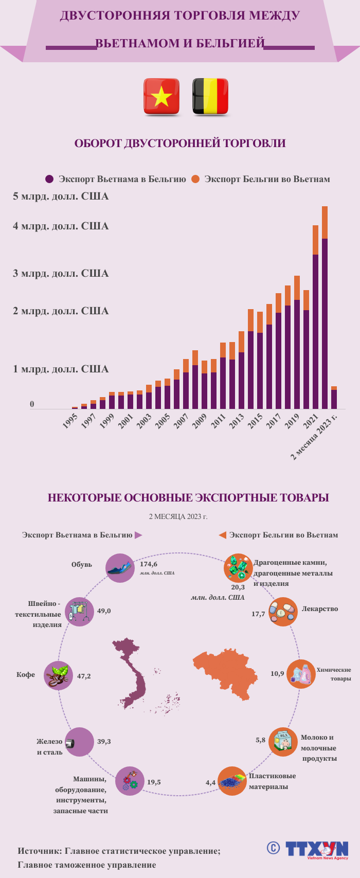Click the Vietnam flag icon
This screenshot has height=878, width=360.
161,96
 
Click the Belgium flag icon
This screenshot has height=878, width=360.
210,96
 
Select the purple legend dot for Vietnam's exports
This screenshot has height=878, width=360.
49,179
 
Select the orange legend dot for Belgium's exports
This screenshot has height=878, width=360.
195,179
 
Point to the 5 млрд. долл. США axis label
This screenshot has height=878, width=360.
61,196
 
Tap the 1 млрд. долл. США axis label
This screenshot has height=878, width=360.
61,369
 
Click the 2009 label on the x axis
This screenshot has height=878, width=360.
199,421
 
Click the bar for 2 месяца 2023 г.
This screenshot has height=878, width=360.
334,399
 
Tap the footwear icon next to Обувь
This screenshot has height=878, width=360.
120,568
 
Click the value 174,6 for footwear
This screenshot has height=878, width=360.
149,564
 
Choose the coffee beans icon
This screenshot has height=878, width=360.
58,675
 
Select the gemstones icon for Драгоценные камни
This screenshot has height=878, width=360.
238,568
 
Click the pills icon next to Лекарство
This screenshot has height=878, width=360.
283,612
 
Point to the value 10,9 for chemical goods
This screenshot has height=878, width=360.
277,673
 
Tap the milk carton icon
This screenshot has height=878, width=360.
283,742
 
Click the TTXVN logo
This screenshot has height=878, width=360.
316,849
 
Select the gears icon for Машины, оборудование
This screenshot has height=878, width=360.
129,781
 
